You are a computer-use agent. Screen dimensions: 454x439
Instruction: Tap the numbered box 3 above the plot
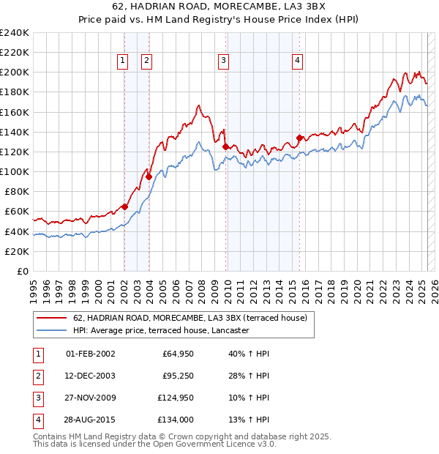(224, 61)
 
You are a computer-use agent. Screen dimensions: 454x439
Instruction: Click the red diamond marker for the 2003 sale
(149, 176)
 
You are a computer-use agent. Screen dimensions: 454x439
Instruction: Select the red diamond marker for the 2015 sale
(299, 138)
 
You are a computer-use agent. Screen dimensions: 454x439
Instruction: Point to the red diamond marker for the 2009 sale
(225, 146)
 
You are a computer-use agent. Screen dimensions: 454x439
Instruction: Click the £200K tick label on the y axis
(15, 72)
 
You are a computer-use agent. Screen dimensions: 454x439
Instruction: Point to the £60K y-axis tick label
(17, 212)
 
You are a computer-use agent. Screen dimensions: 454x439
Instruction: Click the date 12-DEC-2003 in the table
(91, 376)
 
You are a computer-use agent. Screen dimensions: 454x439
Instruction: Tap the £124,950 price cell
(175, 398)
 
